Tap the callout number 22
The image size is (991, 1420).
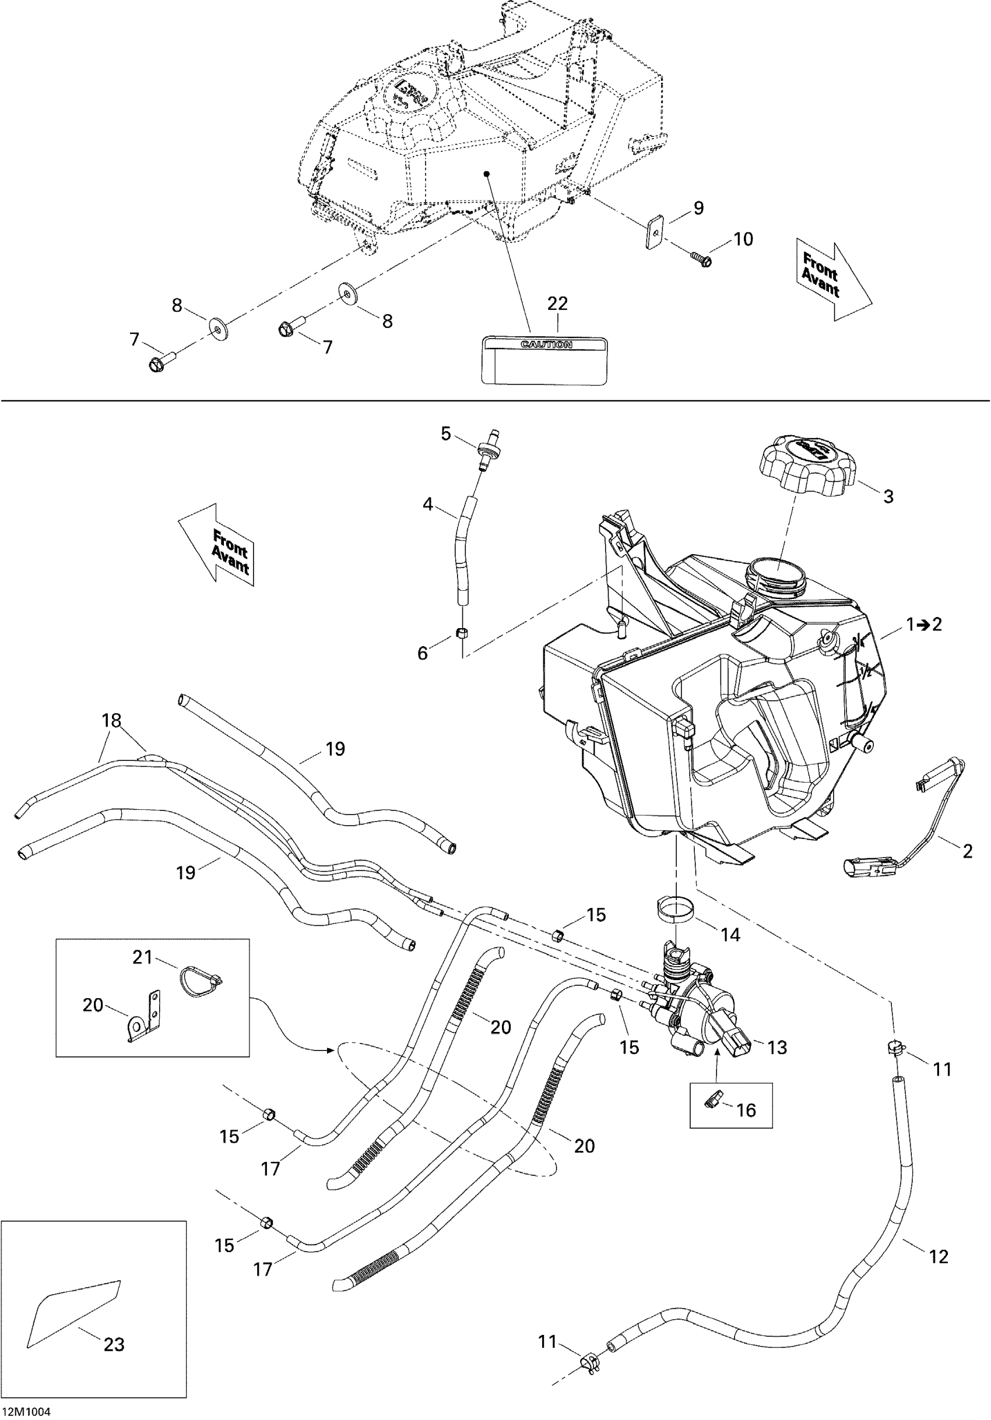pos(557,304)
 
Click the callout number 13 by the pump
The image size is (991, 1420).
pos(777,1047)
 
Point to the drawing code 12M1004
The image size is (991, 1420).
pos(26,1411)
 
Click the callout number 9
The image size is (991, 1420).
pos(698,209)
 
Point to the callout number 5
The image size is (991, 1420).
pos(446,434)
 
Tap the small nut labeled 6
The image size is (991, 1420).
pos(462,633)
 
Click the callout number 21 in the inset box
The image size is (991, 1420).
pos(142,957)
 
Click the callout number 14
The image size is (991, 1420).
pos(730,935)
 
